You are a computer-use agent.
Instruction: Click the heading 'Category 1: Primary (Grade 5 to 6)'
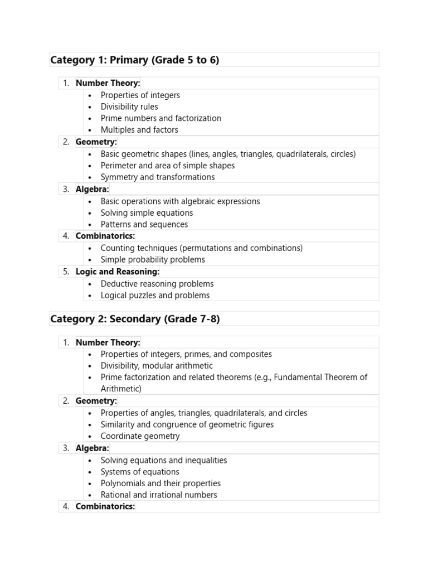pos(134,60)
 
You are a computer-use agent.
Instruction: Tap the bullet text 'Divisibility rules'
pos(129,107)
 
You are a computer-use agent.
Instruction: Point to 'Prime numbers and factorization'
pos(160,118)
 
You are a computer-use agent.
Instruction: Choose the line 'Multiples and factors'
pos(139,130)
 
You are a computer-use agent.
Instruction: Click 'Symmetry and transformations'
pos(157,177)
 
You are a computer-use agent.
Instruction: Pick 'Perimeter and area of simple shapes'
pos(167,166)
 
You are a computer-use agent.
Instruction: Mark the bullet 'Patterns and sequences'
pos(144,225)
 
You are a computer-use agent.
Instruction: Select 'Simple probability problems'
pos(152,260)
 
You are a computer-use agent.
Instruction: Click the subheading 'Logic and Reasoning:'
pos(117,272)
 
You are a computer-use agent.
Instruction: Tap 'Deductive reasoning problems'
pos(157,284)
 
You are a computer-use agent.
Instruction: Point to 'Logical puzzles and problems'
pos(155,296)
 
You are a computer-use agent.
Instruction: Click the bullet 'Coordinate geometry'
pos(140,436)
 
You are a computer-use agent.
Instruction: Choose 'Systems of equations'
pos(139,472)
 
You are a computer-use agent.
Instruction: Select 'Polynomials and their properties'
pos(160,483)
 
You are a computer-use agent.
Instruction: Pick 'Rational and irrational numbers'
pos(159,495)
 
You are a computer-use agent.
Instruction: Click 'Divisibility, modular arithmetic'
pos(157,366)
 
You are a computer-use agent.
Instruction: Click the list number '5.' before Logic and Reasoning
pos(66,272)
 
